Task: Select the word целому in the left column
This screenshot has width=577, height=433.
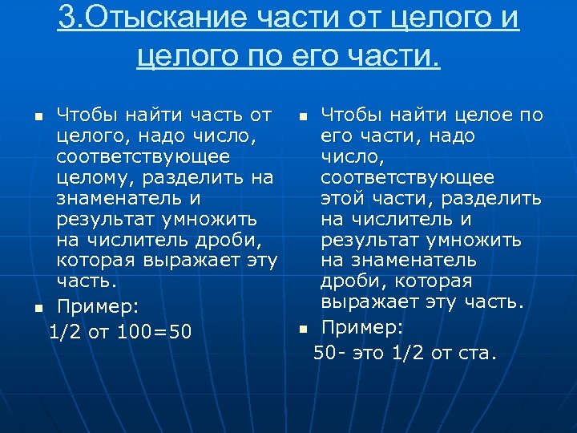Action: coord(89,177)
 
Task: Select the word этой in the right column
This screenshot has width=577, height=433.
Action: coord(344,198)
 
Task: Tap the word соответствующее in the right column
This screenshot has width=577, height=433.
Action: coord(407,177)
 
